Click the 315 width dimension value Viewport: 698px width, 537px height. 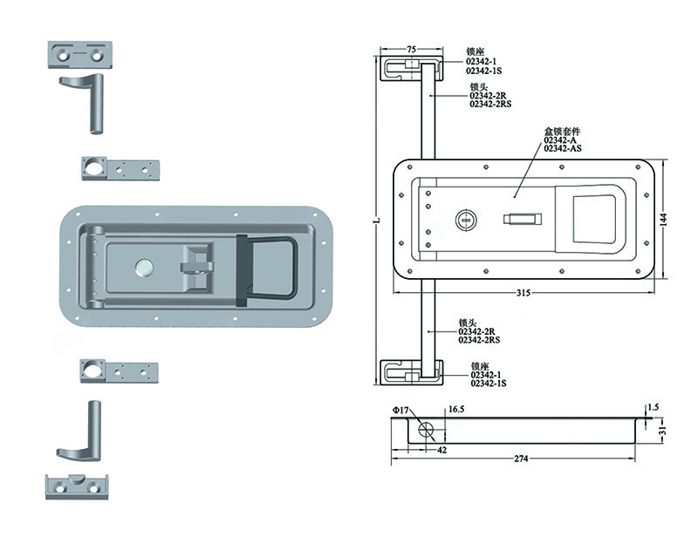[x=523, y=293]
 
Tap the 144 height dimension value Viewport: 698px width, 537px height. [x=663, y=220]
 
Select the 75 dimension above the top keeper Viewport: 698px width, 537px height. [x=411, y=49]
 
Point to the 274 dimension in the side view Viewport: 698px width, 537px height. [x=521, y=459]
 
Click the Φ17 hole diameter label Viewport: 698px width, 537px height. [x=400, y=411]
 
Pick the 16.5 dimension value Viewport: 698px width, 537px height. [x=456, y=410]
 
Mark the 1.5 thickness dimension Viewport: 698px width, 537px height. [x=653, y=407]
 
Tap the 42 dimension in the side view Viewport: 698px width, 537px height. [x=441, y=450]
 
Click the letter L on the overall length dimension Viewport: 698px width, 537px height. [x=377, y=220]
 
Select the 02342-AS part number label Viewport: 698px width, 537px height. [x=563, y=148]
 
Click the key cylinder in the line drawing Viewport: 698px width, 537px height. [x=466, y=220]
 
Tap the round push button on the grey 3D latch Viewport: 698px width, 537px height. [x=143, y=268]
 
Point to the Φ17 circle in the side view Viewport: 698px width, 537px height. [x=426, y=430]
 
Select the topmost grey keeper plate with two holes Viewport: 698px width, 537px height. [x=80, y=55]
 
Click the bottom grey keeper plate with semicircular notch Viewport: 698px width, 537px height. [x=78, y=486]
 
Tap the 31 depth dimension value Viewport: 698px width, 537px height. [x=662, y=431]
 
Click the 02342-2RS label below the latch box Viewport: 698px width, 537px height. [x=479, y=340]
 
